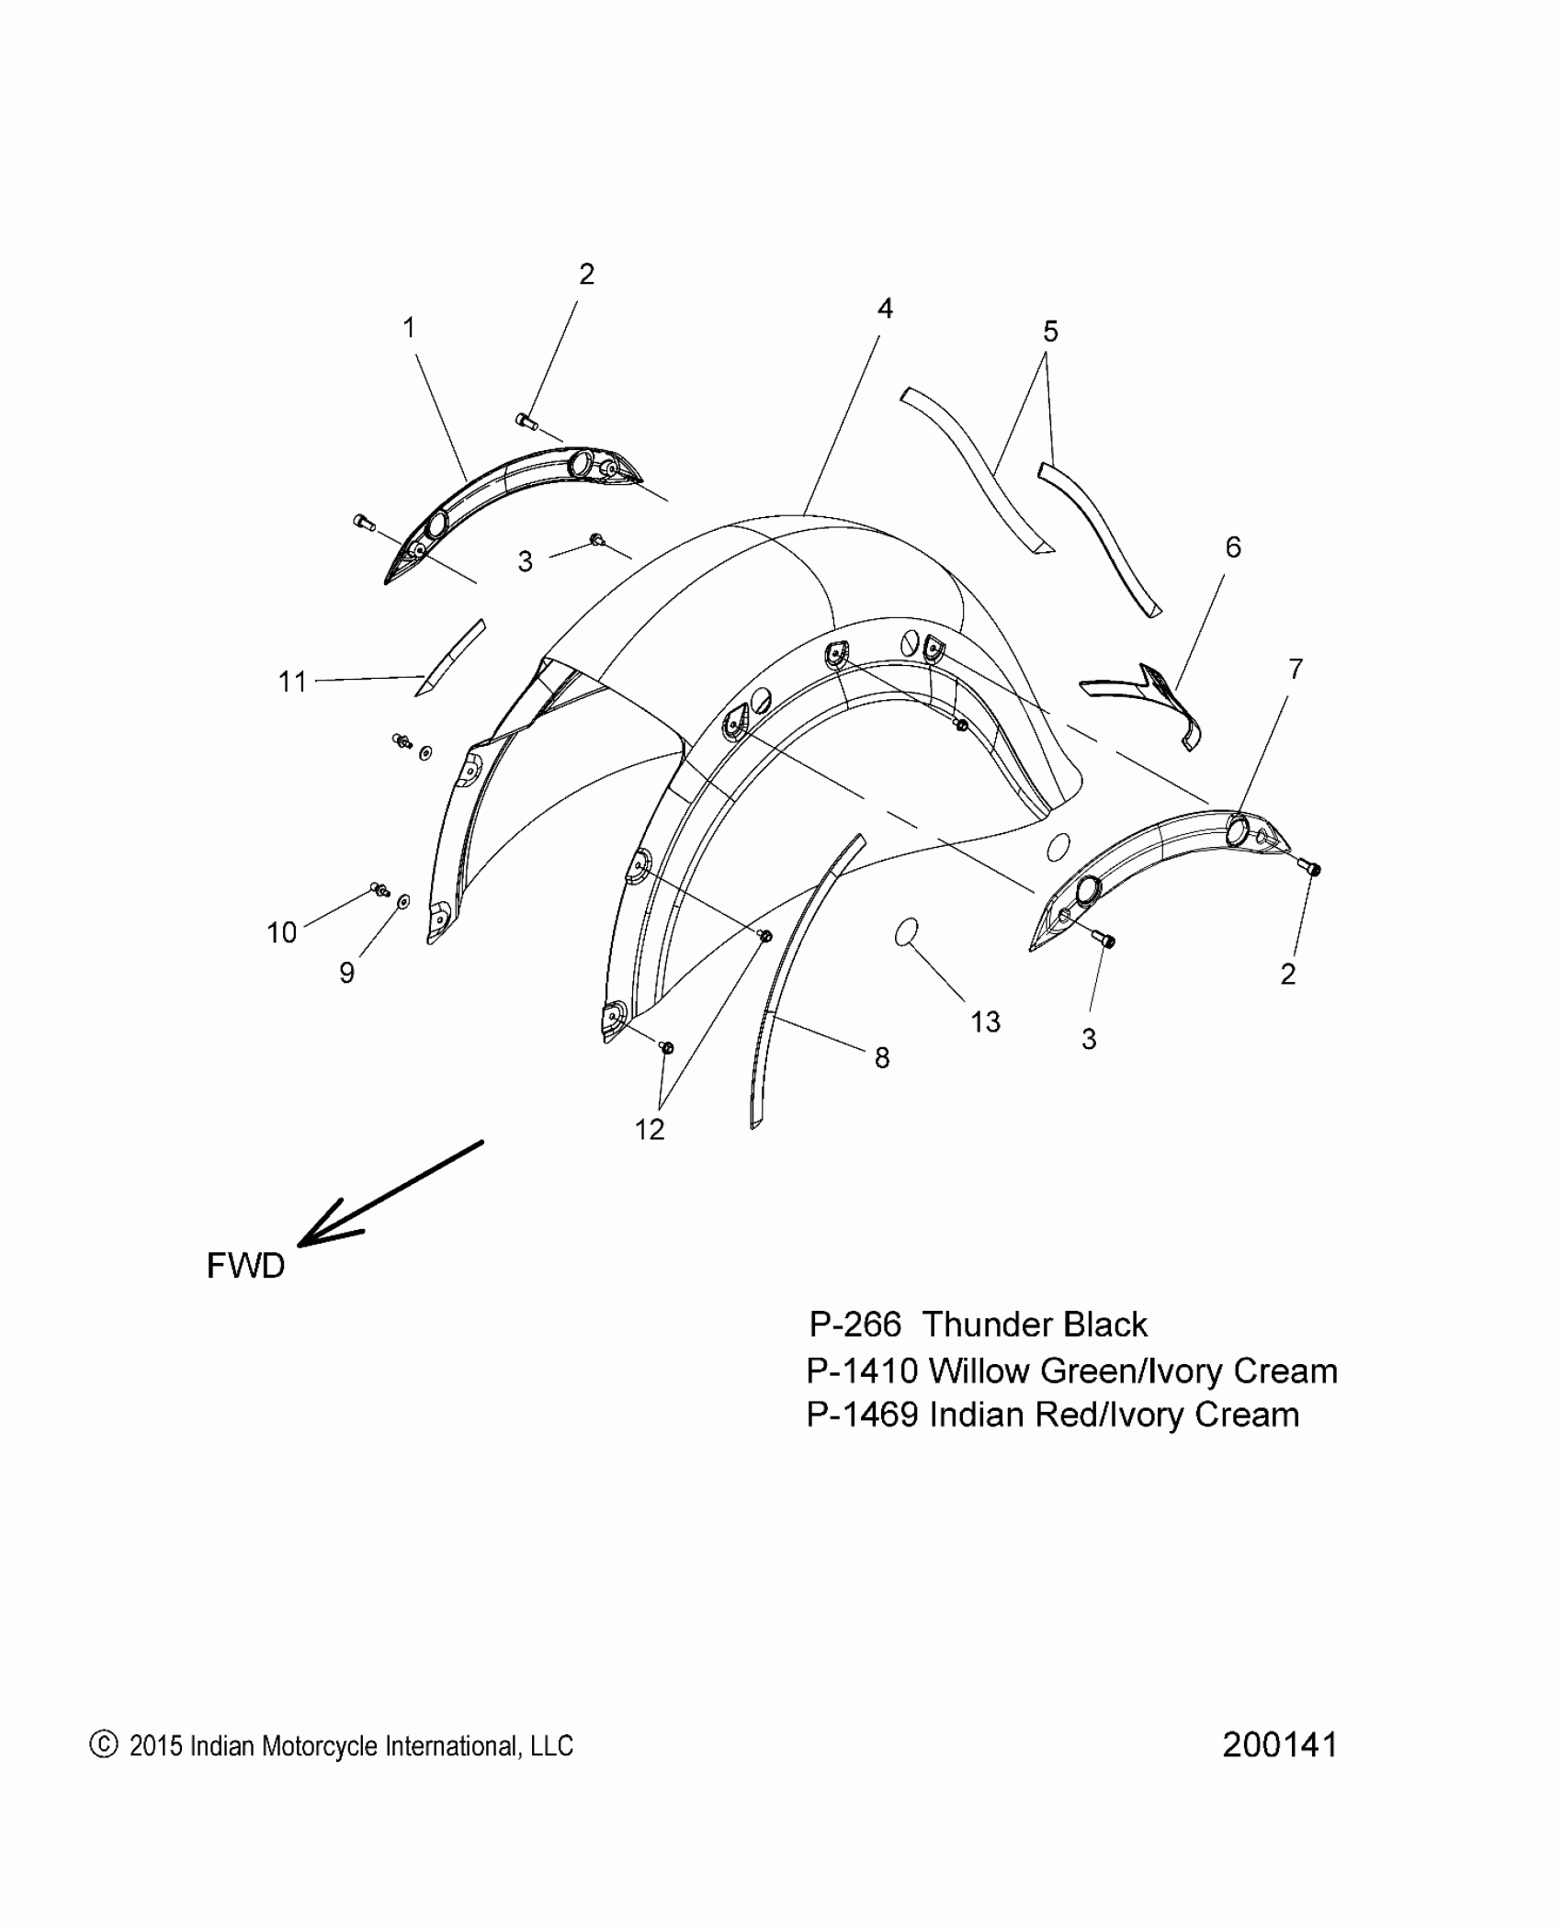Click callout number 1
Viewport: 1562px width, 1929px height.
tap(409, 328)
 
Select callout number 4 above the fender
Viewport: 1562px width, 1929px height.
tap(884, 309)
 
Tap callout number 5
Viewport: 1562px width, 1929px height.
tap(1050, 331)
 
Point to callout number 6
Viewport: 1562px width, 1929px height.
tap(1232, 547)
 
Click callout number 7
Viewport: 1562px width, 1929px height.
tap(1295, 670)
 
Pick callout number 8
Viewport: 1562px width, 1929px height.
tap(881, 1058)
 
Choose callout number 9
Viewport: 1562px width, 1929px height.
tap(346, 973)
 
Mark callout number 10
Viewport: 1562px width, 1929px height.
tap(282, 932)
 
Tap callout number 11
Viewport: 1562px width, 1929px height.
tap(292, 682)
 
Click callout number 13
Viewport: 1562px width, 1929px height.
tap(985, 1021)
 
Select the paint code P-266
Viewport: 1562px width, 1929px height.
tap(855, 1325)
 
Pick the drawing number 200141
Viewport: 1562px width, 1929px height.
tap(1279, 1744)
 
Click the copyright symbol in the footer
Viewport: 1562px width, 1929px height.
tap(104, 1744)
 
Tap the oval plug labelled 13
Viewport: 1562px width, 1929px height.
tap(908, 931)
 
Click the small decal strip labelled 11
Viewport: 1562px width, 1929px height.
tap(450, 656)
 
